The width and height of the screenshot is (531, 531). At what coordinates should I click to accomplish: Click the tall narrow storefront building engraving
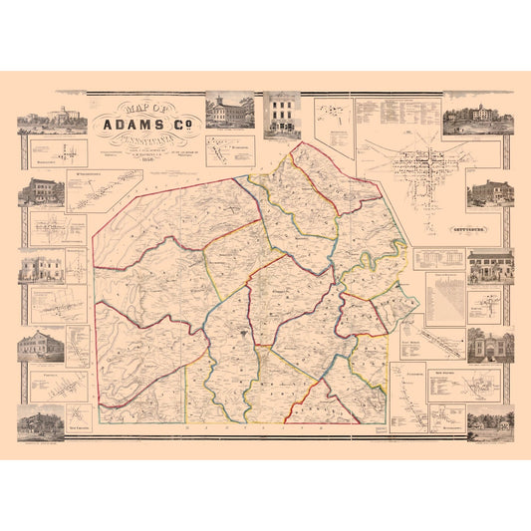coord(283,115)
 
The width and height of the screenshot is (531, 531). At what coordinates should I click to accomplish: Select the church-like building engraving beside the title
coord(229,113)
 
